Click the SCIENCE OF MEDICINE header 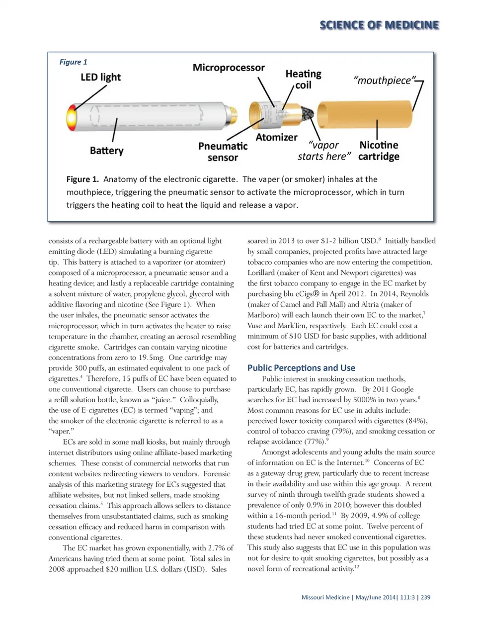[x=379, y=25]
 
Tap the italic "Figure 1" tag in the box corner [x=73, y=62]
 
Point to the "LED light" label [x=100, y=77]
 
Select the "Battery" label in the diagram [x=106, y=150]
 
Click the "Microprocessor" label [x=229, y=68]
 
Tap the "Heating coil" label [x=303, y=79]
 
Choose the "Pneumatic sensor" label [x=223, y=152]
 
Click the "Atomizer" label [x=276, y=137]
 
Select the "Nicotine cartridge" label [x=379, y=151]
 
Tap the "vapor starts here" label [x=324, y=151]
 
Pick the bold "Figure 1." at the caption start [x=82, y=180]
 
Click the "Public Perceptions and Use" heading [x=301, y=368]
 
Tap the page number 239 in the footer [x=425, y=597]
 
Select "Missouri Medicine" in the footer [x=325, y=597]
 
